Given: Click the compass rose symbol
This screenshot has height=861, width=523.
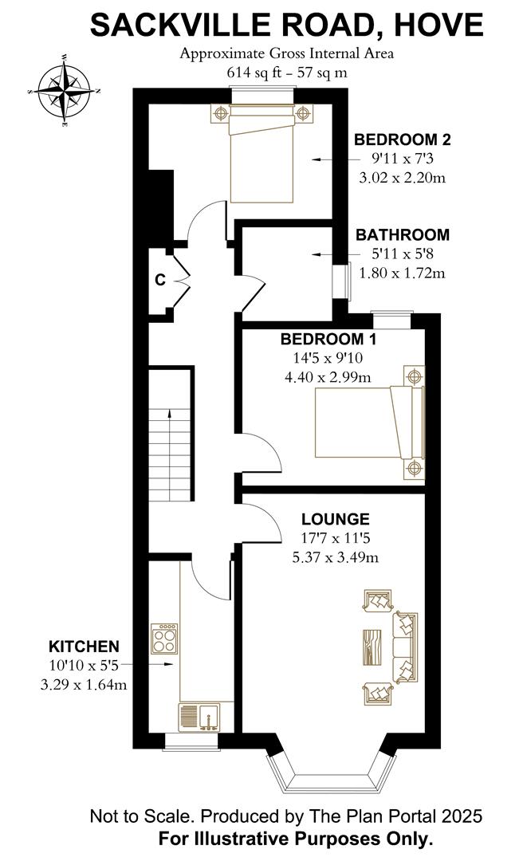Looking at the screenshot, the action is point(65,91).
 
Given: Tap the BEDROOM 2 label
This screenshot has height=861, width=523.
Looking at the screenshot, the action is point(402,140).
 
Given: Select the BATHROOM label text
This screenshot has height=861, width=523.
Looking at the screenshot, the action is point(402,235).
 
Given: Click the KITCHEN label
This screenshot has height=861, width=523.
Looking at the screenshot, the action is point(84,647).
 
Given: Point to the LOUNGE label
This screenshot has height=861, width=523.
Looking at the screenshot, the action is point(335,519).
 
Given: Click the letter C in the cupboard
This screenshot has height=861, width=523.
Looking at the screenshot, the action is point(160,280).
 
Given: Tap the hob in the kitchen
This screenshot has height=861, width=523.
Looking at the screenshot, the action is point(165,639).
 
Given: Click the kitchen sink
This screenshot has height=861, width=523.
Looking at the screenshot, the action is point(199,717).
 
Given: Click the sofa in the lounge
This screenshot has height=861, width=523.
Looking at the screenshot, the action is point(404,647).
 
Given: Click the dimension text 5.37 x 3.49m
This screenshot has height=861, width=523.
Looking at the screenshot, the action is point(335,557).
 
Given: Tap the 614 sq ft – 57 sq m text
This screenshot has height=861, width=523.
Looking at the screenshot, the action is point(287,72).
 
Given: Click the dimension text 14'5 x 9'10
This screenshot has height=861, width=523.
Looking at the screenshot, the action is point(328,358).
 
